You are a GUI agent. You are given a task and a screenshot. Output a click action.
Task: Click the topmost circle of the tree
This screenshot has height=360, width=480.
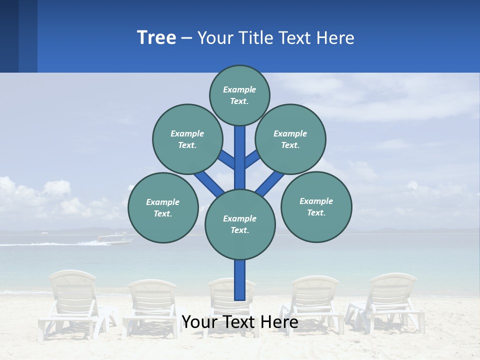point(239,95)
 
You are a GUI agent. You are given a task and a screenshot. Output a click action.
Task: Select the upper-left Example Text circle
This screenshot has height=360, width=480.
point(187,139)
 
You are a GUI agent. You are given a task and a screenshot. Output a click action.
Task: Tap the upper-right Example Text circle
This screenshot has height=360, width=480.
point(290,139)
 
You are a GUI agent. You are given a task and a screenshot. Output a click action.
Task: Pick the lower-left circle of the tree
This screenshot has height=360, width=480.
point(163,207)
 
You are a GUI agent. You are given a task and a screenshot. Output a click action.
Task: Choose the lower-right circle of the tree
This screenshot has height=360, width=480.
point(316,207)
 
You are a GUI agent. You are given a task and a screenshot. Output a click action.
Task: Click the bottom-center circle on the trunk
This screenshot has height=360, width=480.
point(240,224)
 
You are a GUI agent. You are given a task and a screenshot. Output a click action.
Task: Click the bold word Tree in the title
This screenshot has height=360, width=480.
point(156,38)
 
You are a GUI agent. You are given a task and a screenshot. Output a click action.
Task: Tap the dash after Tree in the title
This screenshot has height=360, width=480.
point(186,38)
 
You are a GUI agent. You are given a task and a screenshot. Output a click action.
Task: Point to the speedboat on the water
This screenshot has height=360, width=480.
point(115,239)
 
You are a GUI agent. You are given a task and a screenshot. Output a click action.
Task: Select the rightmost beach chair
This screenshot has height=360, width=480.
point(392,300)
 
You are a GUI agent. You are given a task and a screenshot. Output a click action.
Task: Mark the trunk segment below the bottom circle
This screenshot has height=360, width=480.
point(240,280)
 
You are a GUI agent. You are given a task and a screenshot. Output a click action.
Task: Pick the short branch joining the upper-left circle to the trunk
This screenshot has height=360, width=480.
point(226,159)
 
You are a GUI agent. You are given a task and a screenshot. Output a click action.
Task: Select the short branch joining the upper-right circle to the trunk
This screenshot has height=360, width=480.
point(252,159)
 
